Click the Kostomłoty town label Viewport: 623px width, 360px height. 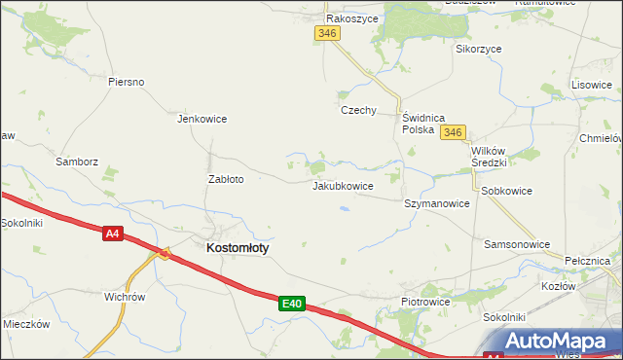click(x=238, y=248)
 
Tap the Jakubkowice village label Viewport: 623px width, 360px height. click(x=343, y=185)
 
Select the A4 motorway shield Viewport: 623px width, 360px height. click(x=113, y=233)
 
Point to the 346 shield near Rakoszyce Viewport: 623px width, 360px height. click(x=327, y=33)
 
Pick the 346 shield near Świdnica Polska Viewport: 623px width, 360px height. click(x=453, y=132)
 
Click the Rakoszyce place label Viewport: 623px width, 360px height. click(x=352, y=18)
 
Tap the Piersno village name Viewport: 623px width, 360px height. click(x=127, y=82)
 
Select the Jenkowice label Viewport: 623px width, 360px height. click(x=202, y=119)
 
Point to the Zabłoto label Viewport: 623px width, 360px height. click(x=226, y=179)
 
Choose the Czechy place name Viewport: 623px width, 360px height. click(x=358, y=110)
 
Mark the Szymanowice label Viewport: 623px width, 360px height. click(x=437, y=204)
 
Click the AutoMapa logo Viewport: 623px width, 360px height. click(x=558, y=341)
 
